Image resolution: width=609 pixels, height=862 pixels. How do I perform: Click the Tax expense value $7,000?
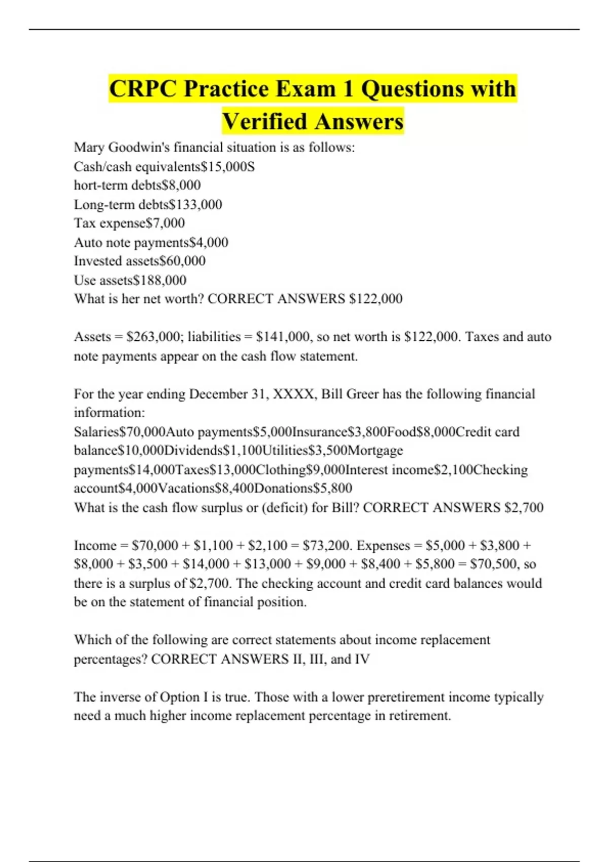pyautogui.click(x=165, y=223)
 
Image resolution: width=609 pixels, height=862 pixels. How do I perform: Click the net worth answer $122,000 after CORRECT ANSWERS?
pyautogui.click(x=376, y=299)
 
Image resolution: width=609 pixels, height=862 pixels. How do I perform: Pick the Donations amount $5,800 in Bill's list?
pyautogui.click(x=332, y=488)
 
